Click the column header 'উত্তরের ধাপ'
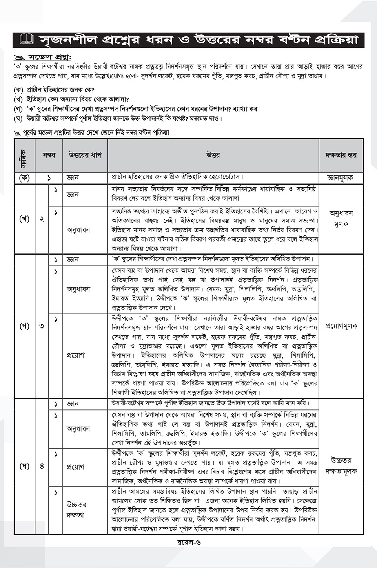click(x=85, y=155)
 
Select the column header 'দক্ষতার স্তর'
click(x=341, y=155)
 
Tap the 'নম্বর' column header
click(x=49, y=155)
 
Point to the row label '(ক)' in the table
click(x=25, y=177)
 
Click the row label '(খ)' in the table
click(x=25, y=219)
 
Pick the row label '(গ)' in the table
click(x=25, y=326)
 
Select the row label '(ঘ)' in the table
click(x=25, y=466)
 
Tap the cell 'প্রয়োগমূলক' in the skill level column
click(x=341, y=326)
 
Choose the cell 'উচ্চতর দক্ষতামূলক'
click(x=341, y=466)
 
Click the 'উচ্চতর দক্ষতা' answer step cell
click(x=76, y=510)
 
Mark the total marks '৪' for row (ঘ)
click(x=42, y=466)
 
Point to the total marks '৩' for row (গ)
click(x=42, y=326)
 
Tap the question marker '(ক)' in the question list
click(x=18, y=90)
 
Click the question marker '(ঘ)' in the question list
click(x=18, y=118)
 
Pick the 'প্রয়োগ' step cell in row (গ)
click(x=76, y=355)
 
